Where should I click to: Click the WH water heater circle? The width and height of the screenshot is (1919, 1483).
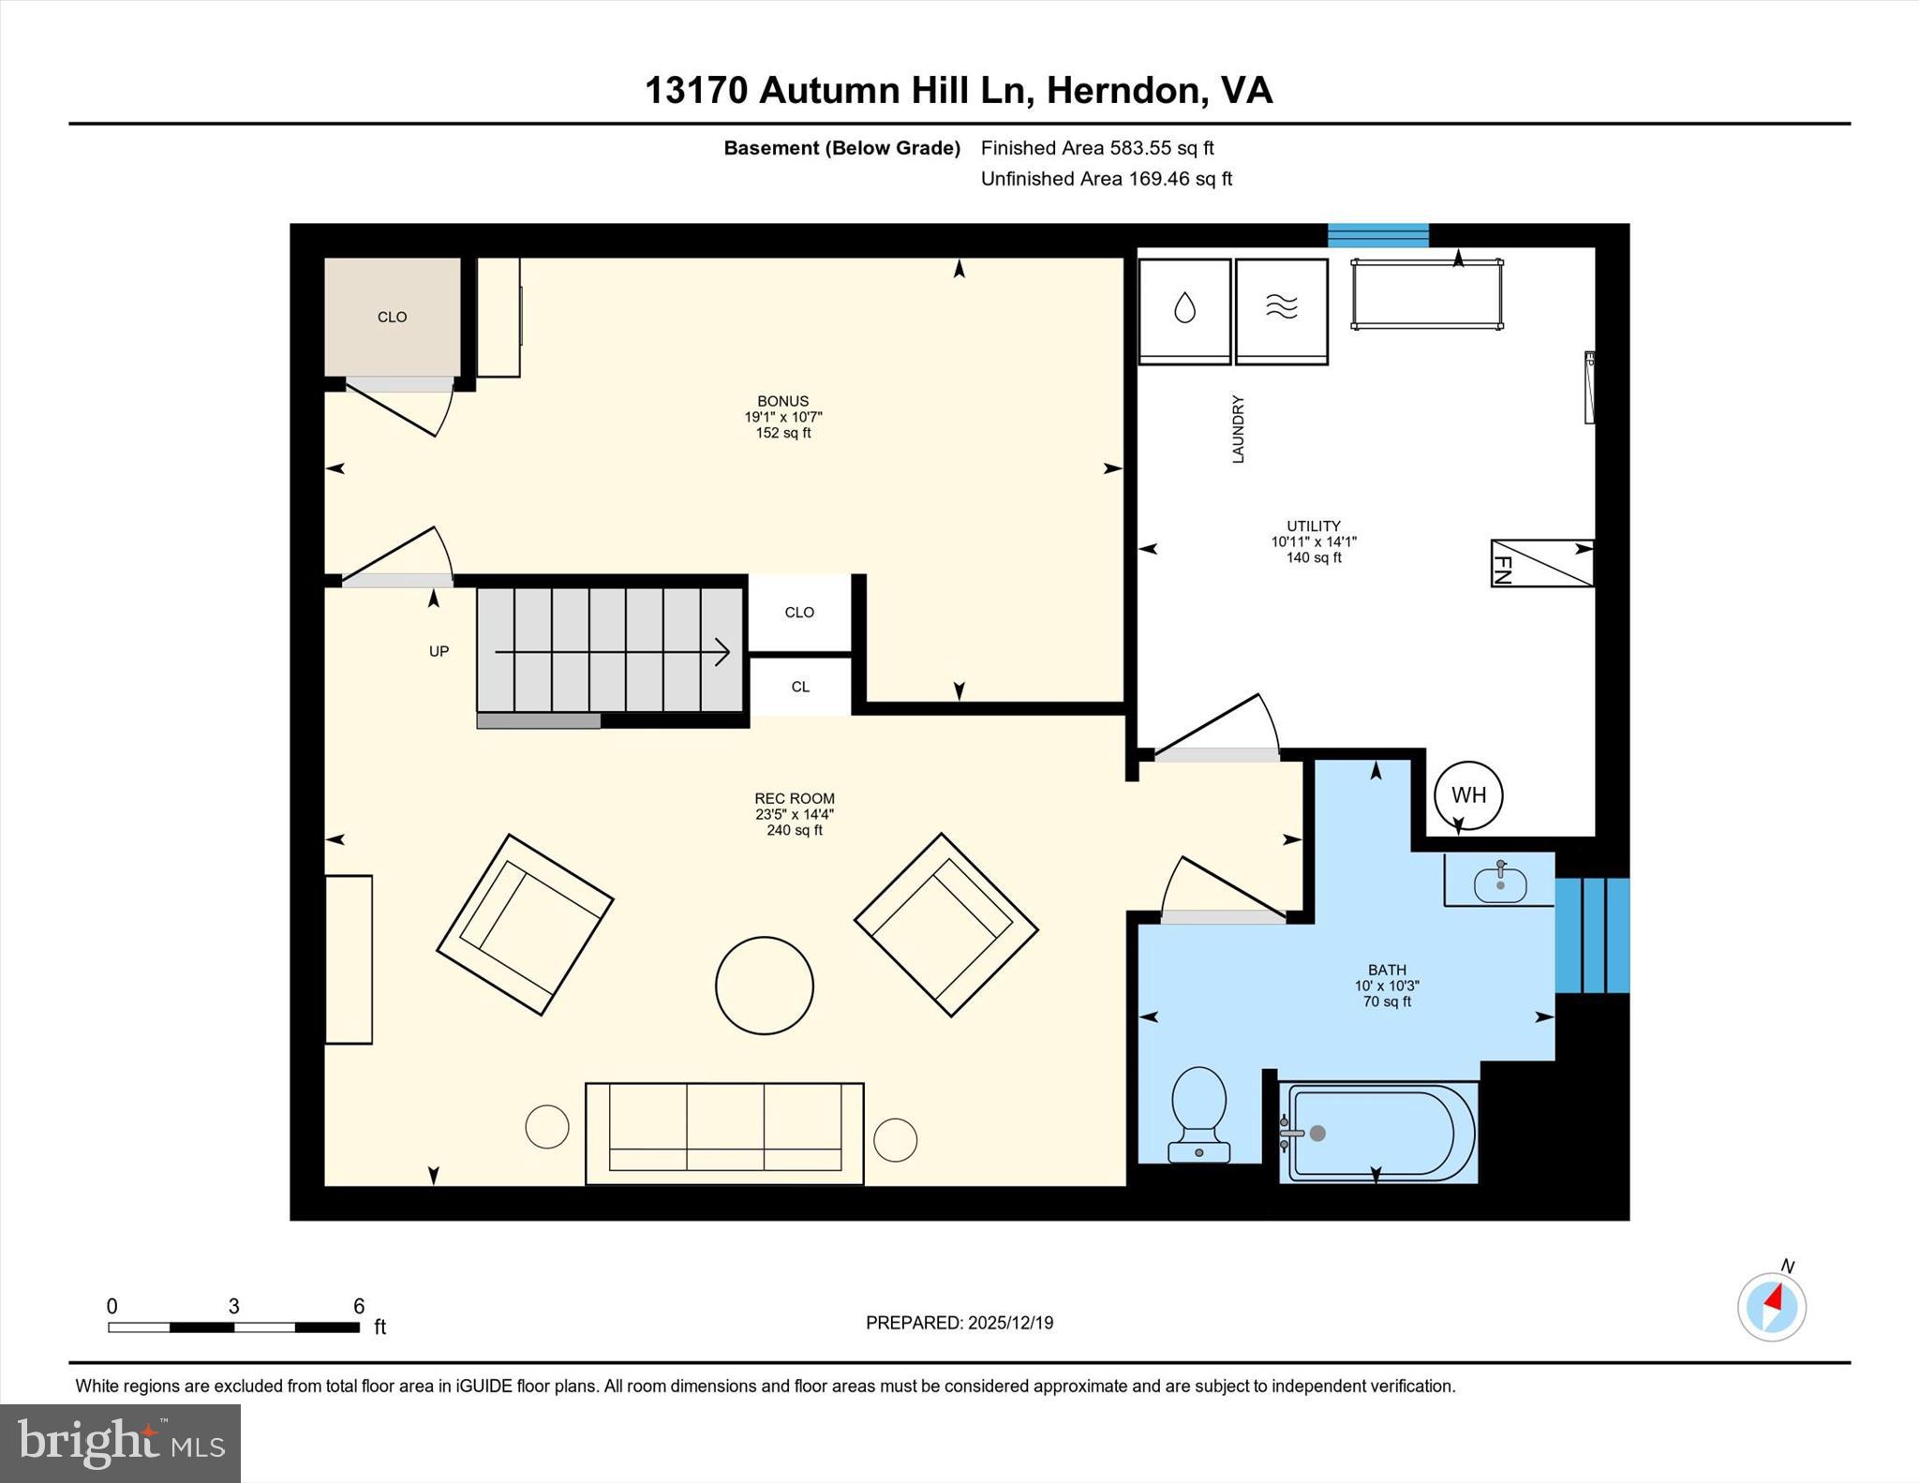[x=1467, y=795]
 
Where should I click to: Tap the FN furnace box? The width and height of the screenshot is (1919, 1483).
[x=1541, y=563]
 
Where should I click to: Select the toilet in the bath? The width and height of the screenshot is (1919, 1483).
[x=1198, y=1115]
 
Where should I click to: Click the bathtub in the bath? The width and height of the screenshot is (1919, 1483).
[x=1378, y=1133]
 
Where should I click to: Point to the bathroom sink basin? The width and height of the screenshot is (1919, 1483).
[x=1499, y=883]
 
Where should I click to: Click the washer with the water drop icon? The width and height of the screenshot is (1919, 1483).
[x=1184, y=310]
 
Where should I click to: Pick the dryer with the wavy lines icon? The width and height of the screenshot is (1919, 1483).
[x=1281, y=310]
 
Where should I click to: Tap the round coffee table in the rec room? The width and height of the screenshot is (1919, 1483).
[x=764, y=986]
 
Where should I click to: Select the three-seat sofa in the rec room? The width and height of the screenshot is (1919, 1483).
[x=724, y=1133]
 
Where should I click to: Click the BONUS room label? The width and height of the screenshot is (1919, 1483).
[x=782, y=401]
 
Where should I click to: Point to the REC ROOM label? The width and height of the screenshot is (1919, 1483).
[x=794, y=798]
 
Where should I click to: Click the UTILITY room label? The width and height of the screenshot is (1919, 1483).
[x=1313, y=526]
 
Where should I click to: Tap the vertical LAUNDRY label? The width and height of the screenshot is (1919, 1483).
[x=1238, y=429]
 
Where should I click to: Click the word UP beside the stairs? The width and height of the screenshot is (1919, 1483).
[x=439, y=651]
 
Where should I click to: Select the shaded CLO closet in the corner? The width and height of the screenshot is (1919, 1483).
[x=392, y=317]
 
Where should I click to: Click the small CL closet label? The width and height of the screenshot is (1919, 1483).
[x=799, y=687]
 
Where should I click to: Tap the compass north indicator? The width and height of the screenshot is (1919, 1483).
[x=1771, y=1305]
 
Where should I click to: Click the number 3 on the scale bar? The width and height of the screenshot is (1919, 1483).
[x=233, y=1306]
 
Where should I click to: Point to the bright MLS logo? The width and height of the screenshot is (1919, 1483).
[x=120, y=1443]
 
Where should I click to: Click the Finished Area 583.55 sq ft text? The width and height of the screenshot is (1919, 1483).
[x=1096, y=148]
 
